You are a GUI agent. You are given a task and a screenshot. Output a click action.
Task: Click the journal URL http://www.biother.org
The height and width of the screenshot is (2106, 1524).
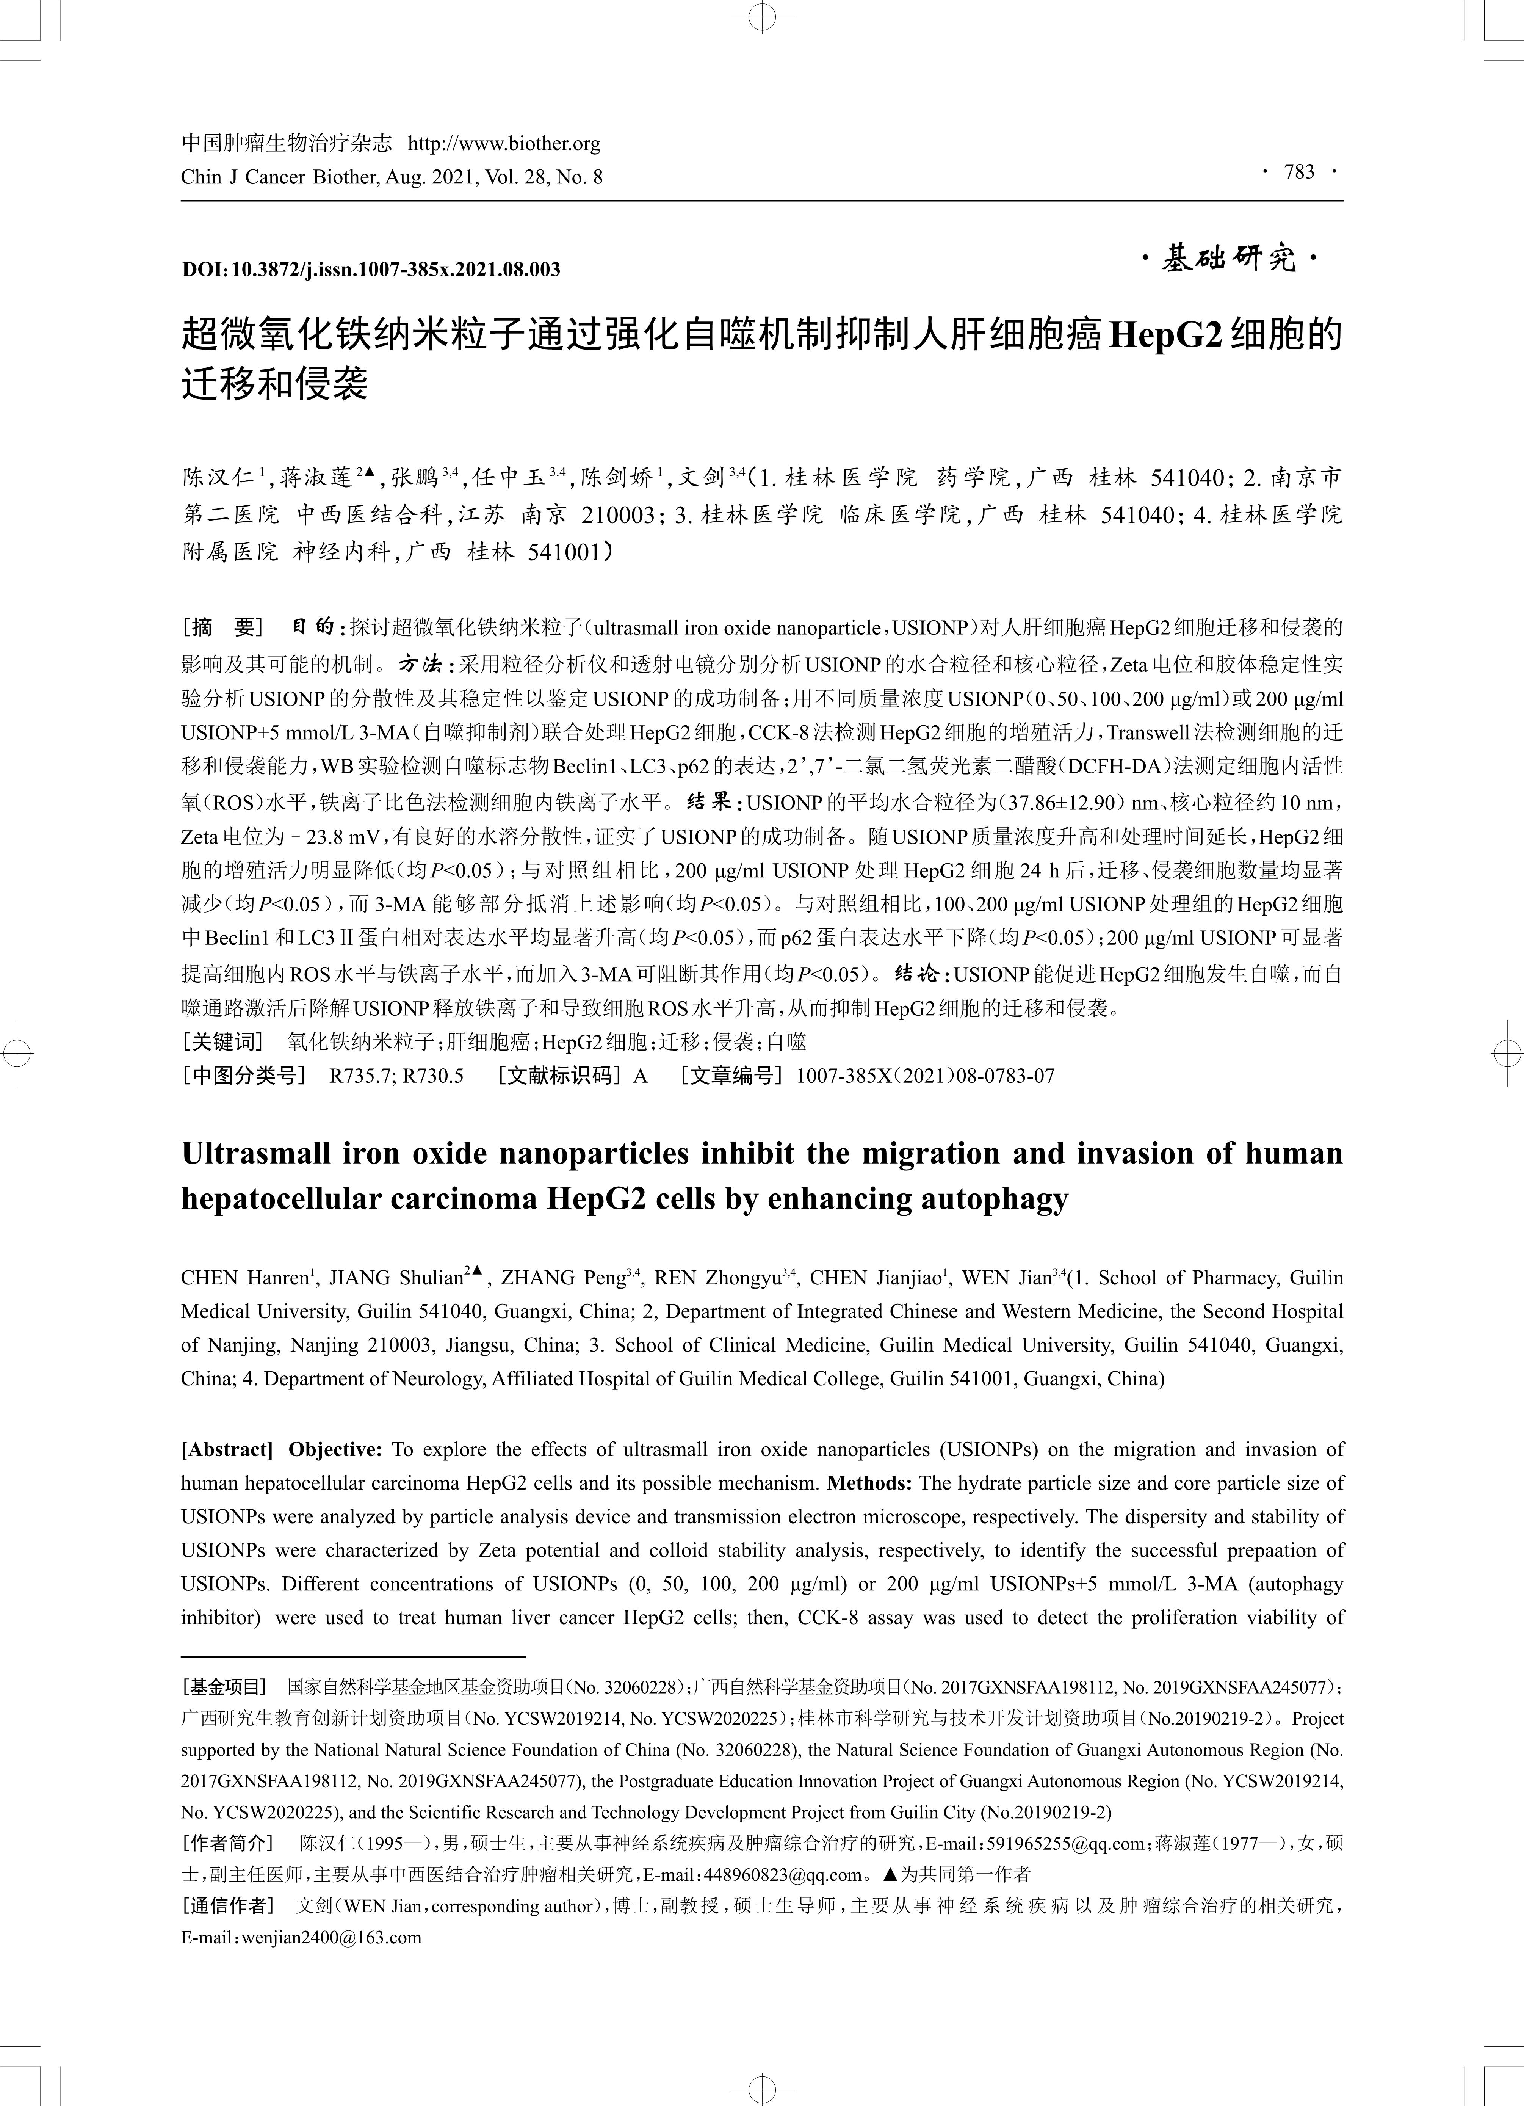504,144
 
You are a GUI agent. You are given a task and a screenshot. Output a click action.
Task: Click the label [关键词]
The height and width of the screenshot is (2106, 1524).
223,1041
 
